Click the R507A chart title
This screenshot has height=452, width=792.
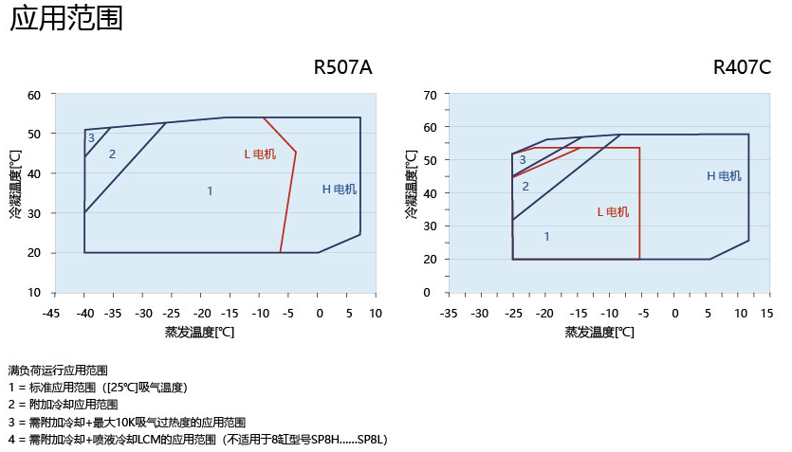click(342, 68)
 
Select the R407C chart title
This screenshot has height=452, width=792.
click(742, 68)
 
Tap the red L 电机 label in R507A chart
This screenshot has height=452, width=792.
click(260, 154)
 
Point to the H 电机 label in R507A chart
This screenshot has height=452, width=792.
click(339, 190)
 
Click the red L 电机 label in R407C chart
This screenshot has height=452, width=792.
click(613, 212)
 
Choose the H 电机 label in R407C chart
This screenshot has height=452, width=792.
click(724, 176)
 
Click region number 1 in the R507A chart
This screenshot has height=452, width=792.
click(210, 191)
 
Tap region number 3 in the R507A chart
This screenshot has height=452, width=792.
click(91, 138)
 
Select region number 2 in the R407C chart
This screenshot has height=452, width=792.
click(525, 187)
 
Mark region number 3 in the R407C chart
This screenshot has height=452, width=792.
click(522, 160)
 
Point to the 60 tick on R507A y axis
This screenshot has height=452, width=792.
click(35, 95)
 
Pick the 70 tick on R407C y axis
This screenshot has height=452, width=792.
click(429, 95)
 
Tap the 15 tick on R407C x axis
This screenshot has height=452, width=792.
click(766, 313)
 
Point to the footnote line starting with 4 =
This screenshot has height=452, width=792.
click(197, 440)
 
